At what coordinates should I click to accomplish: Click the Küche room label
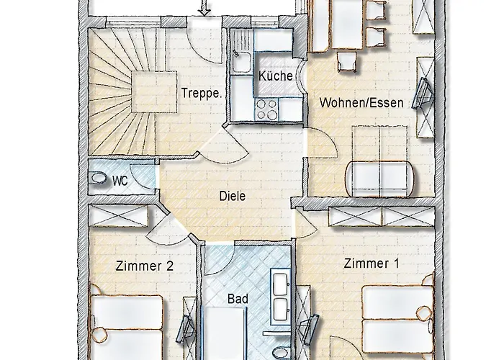tap(274, 76)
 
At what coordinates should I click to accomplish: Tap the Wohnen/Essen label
tap(361, 102)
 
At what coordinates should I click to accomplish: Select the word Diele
tap(233, 195)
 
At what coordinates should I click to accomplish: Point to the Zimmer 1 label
tap(371, 264)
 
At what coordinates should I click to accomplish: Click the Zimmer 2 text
tap(144, 266)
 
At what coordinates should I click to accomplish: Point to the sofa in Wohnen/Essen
tap(381, 176)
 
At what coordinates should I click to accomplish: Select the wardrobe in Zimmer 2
tap(120, 215)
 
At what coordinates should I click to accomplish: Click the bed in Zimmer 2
tap(128, 324)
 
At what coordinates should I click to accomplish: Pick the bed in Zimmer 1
tap(394, 317)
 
